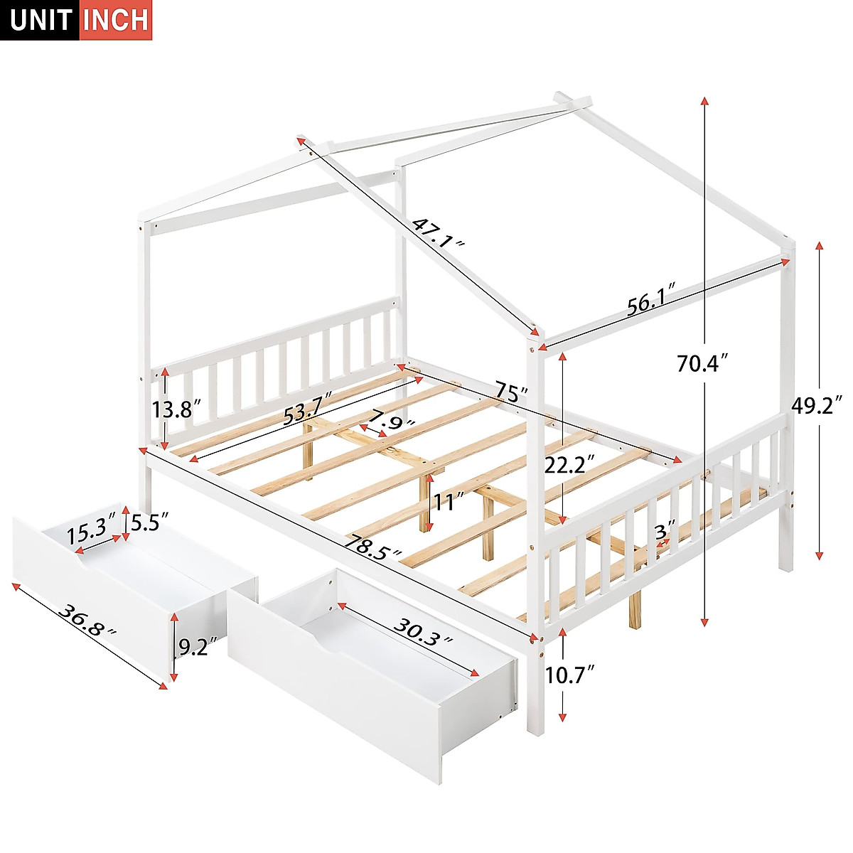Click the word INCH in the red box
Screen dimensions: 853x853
click(115, 20)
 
